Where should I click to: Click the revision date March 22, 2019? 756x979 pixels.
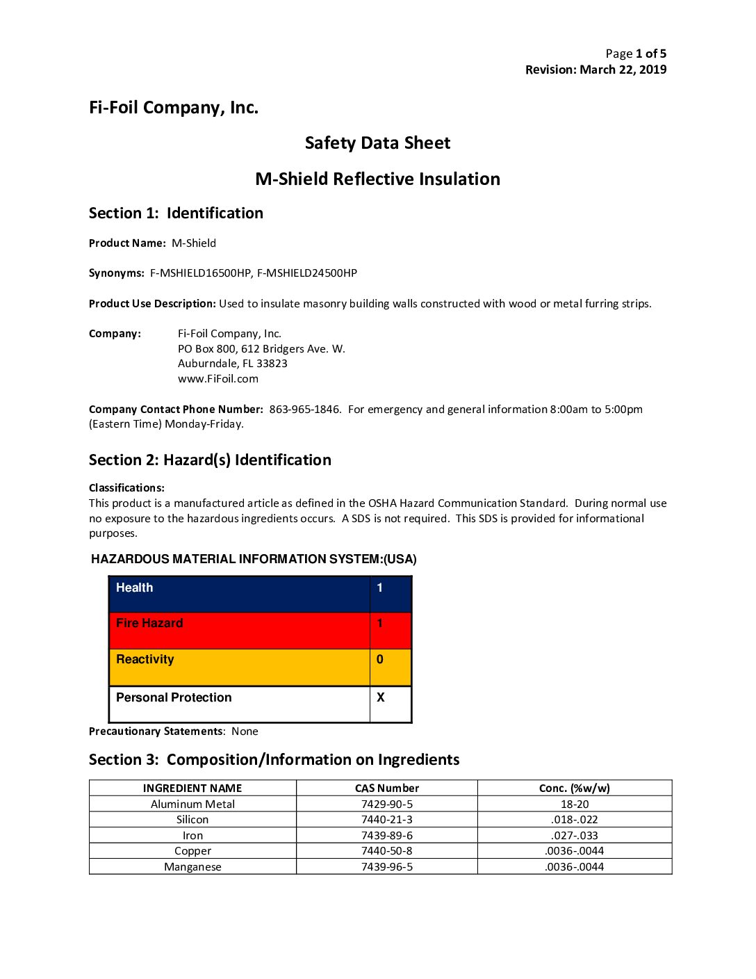coord(623,70)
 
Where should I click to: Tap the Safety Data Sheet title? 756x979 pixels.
coord(377,143)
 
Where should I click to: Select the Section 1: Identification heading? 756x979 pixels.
coord(176,213)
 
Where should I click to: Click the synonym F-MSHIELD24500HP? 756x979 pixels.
coord(307,273)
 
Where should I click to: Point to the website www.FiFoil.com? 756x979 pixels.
coord(218,379)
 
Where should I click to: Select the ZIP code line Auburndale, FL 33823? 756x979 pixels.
coord(233,364)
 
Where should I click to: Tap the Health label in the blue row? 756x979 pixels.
coord(135,588)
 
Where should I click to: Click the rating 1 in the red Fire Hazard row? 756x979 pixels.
coord(380,624)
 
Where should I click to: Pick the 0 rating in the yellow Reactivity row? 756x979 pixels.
coord(380,660)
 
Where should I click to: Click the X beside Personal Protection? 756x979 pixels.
coord(381,697)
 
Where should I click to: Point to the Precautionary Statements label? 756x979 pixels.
coord(156,731)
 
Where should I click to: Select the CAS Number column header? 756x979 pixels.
coord(387,788)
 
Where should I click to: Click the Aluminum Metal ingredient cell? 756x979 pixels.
coord(192,804)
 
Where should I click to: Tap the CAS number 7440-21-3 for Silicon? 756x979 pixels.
coord(387,820)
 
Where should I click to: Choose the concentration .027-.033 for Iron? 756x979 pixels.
coord(575,836)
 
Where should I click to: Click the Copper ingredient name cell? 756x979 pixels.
coord(192,851)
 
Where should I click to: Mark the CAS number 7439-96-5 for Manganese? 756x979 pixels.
coord(387,867)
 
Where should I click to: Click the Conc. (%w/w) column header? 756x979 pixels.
coord(575,788)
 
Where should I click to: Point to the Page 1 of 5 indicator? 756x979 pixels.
coord(636,54)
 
